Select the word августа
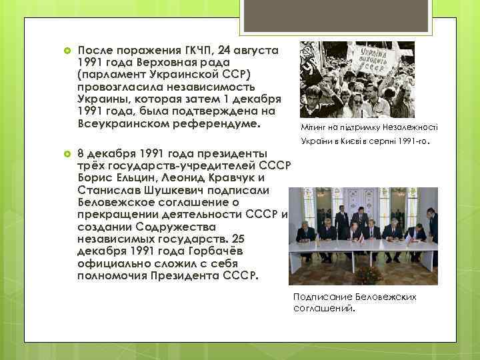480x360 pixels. (x=260, y=50)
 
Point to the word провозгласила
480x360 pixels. (x=118, y=87)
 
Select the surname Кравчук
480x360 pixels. (x=229, y=177)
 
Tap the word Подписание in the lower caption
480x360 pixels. (x=323, y=296)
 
